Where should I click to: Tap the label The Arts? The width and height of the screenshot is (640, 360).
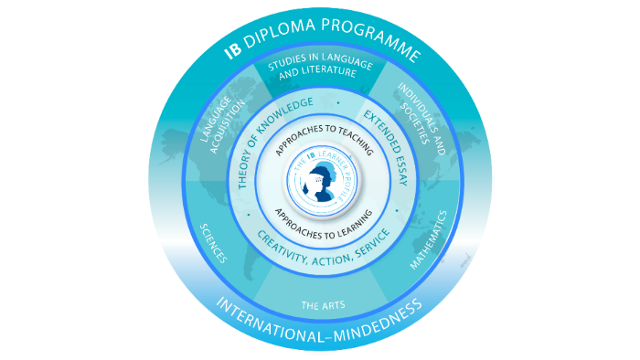pyautogui.click(x=317, y=305)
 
